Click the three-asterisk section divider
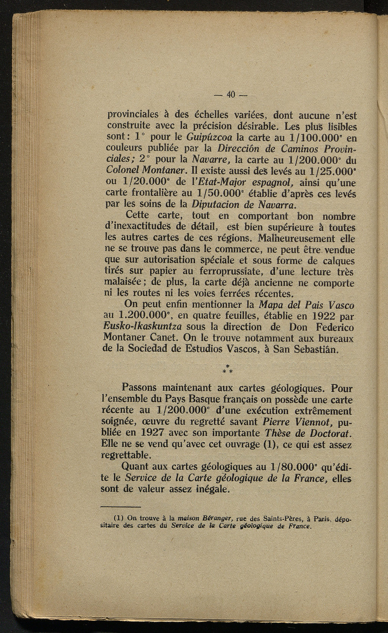pos(228,369)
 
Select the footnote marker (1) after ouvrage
pos(270,444)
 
